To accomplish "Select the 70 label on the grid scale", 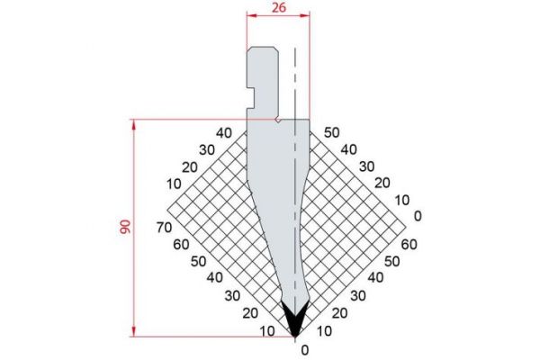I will (163, 227).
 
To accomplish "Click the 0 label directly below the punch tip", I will (305, 349).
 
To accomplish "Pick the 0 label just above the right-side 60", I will (417, 216).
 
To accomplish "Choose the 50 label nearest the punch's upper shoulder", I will (331, 132).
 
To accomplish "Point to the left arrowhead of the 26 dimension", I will (248, 15).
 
